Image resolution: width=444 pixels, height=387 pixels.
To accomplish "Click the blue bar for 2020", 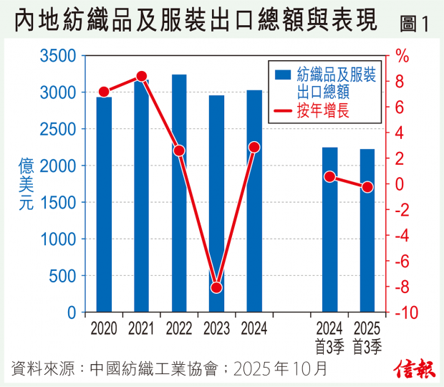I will click(x=104, y=208).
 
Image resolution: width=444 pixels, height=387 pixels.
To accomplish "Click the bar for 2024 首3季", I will click(x=329, y=233).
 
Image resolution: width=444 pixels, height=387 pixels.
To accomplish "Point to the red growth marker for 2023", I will click(x=217, y=288).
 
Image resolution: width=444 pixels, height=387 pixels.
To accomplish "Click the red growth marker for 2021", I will click(x=142, y=76).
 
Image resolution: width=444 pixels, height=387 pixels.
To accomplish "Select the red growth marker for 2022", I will click(x=179, y=150).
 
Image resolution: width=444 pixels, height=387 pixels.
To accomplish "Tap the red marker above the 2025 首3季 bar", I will click(x=367, y=187).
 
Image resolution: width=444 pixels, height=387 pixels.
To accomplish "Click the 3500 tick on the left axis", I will click(x=62, y=56).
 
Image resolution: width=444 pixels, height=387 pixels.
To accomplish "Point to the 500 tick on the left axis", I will click(x=67, y=276).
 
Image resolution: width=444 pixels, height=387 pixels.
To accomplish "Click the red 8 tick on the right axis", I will click(x=400, y=82).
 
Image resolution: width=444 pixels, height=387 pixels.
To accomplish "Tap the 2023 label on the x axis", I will click(x=217, y=329).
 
